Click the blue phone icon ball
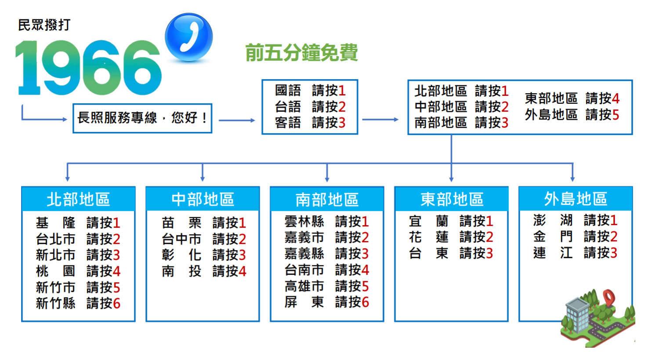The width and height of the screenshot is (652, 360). click(x=188, y=37)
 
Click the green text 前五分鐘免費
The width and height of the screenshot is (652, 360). click(x=301, y=53)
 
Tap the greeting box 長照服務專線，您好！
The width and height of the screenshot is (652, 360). click(x=142, y=118)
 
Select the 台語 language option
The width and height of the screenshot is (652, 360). click(x=288, y=107)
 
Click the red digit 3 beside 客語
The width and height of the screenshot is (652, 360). click(x=342, y=123)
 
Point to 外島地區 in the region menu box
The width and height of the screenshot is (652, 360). click(x=551, y=114)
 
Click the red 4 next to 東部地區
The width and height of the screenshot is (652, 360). click(x=616, y=98)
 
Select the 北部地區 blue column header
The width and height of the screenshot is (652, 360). click(x=78, y=199)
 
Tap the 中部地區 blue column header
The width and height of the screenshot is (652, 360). click(x=203, y=199)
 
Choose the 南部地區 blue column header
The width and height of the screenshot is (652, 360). click(x=327, y=199)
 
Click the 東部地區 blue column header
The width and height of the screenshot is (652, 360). click(x=452, y=199)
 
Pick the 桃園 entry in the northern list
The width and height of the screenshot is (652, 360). click(x=55, y=271)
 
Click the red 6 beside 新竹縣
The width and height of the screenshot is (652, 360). click(x=116, y=303)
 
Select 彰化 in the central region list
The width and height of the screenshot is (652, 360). click(x=181, y=255)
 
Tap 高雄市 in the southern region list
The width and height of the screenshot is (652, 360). click(x=304, y=286)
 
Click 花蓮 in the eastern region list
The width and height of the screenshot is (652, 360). click(x=428, y=237)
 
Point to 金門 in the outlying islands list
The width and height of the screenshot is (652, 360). click(x=553, y=236)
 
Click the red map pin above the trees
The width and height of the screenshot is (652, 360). click(x=609, y=298)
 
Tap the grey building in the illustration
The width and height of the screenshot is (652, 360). click(x=577, y=315)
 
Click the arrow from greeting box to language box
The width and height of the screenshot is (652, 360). click(x=237, y=120)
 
